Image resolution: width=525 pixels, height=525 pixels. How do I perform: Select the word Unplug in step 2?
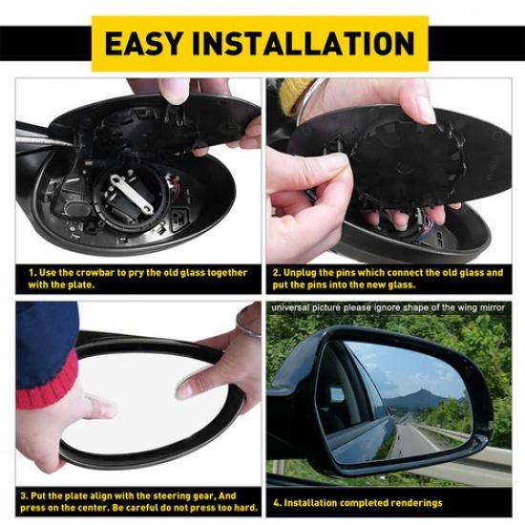pyautogui.click(x=304, y=272)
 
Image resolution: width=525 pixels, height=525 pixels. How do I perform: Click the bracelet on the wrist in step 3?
pyautogui.click(x=248, y=329)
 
